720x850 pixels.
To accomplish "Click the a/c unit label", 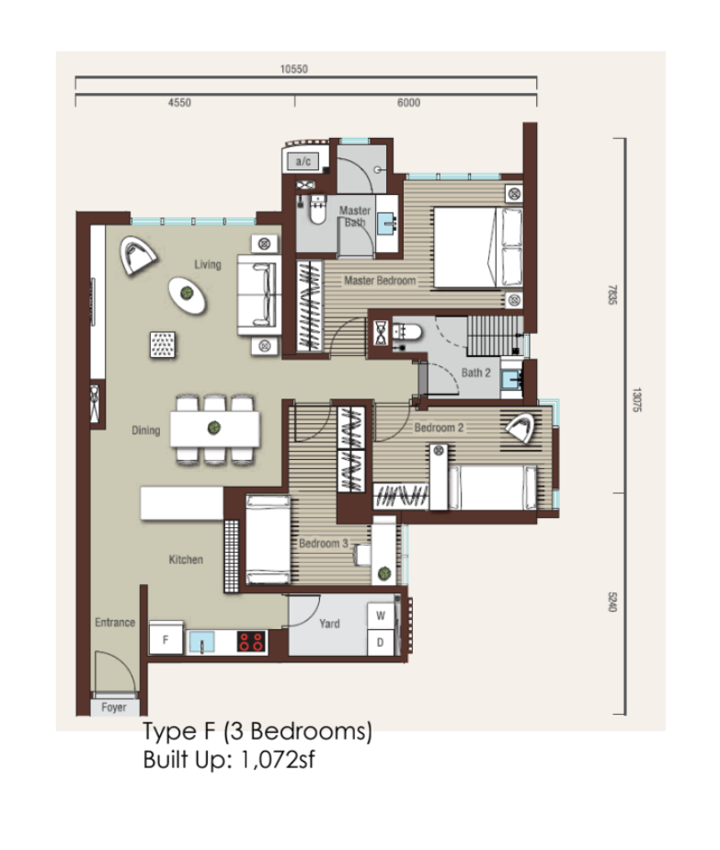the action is click(x=303, y=161).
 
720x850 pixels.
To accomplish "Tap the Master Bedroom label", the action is click(x=380, y=281).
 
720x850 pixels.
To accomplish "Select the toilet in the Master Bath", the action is click(x=317, y=211).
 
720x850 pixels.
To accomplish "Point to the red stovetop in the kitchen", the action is click(x=251, y=641).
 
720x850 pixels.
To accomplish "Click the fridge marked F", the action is click(x=166, y=638).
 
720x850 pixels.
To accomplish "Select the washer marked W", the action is click(x=381, y=615).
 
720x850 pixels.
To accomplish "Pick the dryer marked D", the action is click(x=381, y=642).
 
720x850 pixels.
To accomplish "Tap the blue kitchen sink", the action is click(x=201, y=642).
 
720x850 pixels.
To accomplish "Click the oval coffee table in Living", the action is click(x=187, y=294).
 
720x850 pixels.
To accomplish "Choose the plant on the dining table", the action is click(x=214, y=428).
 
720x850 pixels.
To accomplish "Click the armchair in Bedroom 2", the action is click(x=520, y=427).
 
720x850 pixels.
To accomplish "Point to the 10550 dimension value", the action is click(x=293, y=69).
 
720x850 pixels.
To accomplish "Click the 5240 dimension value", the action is click(x=612, y=602).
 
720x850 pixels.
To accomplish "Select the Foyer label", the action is click(x=114, y=706).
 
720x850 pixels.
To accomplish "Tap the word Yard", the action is click(x=329, y=624).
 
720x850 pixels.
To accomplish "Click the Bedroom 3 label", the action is click(x=324, y=543).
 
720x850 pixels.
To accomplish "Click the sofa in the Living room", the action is click(x=259, y=295).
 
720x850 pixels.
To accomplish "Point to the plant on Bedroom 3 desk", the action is click(x=384, y=572).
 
